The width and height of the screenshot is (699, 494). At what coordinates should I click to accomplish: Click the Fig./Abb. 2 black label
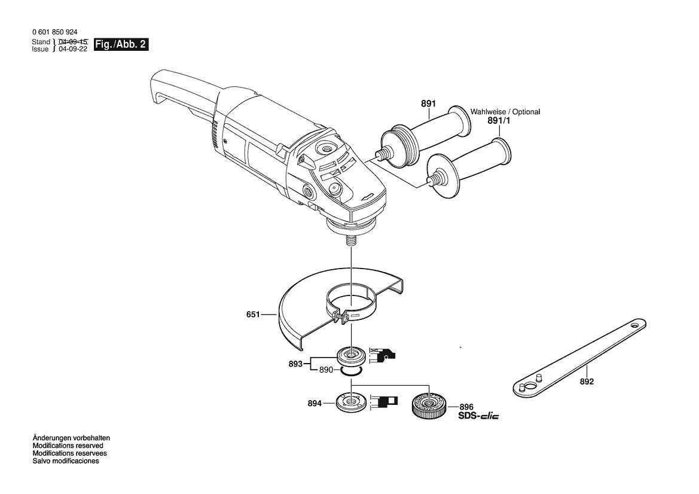tap(121, 45)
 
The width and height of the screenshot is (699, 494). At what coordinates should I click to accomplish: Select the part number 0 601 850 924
tap(55, 32)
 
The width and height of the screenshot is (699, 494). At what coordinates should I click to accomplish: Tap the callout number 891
tap(428, 103)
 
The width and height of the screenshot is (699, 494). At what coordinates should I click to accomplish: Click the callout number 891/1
tap(499, 120)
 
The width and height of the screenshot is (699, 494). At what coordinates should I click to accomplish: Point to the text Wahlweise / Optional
tap(505, 111)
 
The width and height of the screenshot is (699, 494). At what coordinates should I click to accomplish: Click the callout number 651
tap(253, 315)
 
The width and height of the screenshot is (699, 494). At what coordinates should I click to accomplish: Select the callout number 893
tap(295, 364)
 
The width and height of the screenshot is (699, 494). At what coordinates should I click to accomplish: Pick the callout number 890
tap(326, 370)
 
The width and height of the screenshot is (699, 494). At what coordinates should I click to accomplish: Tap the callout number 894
tap(315, 404)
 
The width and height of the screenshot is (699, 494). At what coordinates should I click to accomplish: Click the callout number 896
tap(466, 407)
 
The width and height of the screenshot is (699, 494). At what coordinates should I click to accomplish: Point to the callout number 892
tap(587, 382)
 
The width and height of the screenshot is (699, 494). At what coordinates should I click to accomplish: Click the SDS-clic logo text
tap(479, 416)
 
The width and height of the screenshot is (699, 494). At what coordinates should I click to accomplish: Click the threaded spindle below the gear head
tap(351, 239)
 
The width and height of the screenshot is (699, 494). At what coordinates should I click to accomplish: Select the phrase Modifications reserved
tap(68, 446)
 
